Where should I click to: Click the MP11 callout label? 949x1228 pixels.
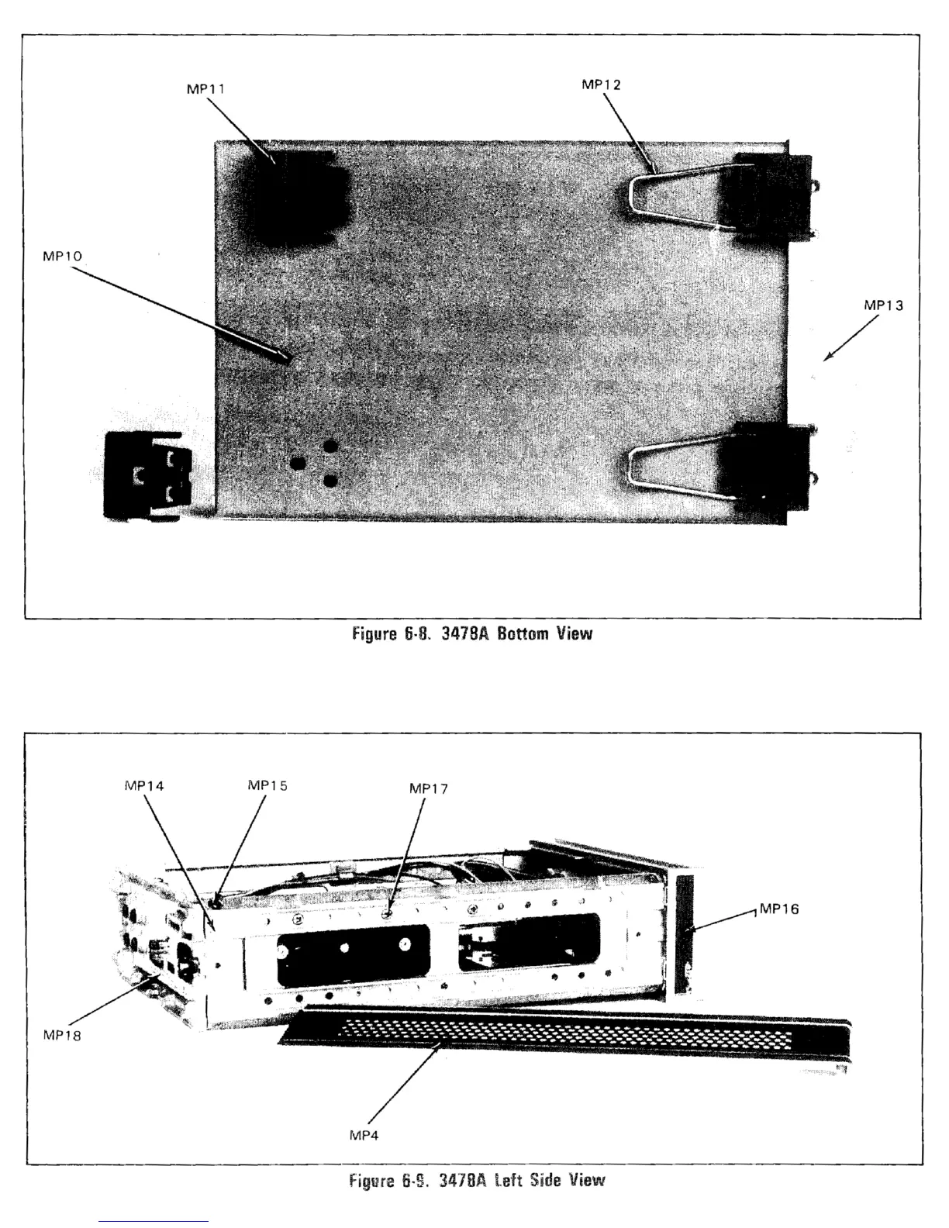tap(205, 88)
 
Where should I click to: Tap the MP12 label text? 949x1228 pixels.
tap(601, 85)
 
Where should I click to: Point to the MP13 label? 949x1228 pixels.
tap(883, 305)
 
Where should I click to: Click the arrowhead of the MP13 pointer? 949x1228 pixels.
tap(826, 358)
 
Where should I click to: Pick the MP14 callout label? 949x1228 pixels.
tap(143, 785)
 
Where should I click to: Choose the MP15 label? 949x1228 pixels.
tap(267, 785)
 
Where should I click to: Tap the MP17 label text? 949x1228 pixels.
tap(428, 789)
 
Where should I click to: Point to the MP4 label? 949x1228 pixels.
tap(364, 1136)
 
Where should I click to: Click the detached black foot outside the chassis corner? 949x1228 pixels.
tap(147, 474)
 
